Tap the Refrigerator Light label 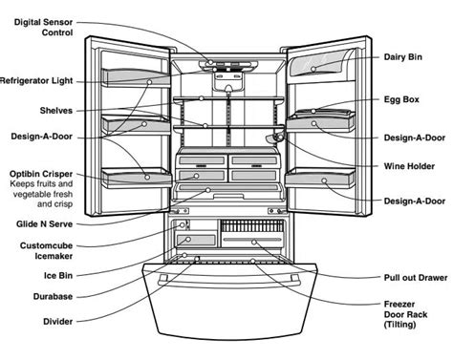click(x=38, y=80)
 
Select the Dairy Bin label click(x=402, y=57)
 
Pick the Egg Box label click(x=402, y=98)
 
